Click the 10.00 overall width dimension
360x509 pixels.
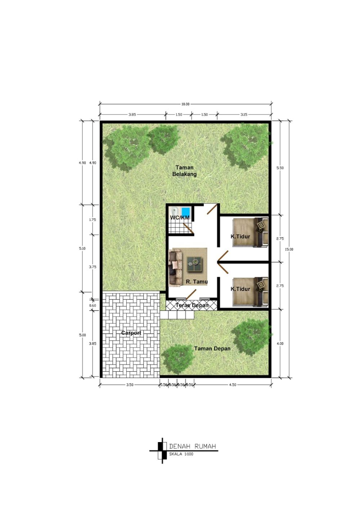(185, 104)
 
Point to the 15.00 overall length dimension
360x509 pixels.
(289, 249)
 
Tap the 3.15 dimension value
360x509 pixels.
(244, 114)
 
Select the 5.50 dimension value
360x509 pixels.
(280, 168)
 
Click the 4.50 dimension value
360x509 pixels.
(233, 385)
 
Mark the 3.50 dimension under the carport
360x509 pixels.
(130, 385)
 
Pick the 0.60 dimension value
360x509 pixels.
(93, 306)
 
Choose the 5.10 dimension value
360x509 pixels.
(82, 248)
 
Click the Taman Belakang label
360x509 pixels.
(184, 171)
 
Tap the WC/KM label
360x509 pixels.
(180, 217)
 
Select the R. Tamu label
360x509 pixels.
(197, 281)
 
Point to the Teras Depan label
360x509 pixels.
(192, 305)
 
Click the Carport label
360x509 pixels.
(131, 333)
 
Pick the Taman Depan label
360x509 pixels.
(212, 348)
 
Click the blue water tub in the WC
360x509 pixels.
(186, 211)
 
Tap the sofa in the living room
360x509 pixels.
(176, 268)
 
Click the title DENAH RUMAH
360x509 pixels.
(192, 446)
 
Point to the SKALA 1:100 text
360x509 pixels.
(181, 454)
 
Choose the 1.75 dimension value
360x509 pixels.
(93, 220)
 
